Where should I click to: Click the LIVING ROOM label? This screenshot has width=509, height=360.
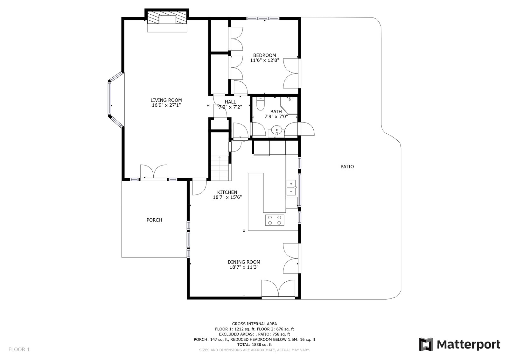click(x=166, y=100)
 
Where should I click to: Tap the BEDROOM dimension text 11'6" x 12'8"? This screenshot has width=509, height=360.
click(x=264, y=60)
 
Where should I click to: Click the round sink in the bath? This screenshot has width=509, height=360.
click(x=276, y=130)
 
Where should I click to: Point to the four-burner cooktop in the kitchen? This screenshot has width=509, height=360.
click(x=275, y=220)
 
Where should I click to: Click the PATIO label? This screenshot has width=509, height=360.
click(x=347, y=167)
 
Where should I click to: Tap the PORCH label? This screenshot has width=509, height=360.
click(x=154, y=220)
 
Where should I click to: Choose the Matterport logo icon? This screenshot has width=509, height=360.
click(x=426, y=344)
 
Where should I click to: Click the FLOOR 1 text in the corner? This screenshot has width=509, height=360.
click(x=19, y=349)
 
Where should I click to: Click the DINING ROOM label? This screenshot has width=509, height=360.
click(x=244, y=262)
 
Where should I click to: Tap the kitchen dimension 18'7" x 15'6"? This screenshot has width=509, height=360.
click(x=227, y=197)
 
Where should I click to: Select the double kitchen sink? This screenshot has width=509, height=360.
click(x=291, y=187)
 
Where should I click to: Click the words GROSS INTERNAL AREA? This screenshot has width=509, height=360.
click(x=254, y=324)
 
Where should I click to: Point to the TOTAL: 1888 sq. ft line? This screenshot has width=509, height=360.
click(x=254, y=344)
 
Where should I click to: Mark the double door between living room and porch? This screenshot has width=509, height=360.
click(x=154, y=173)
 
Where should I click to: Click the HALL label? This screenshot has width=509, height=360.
click(x=230, y=102)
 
